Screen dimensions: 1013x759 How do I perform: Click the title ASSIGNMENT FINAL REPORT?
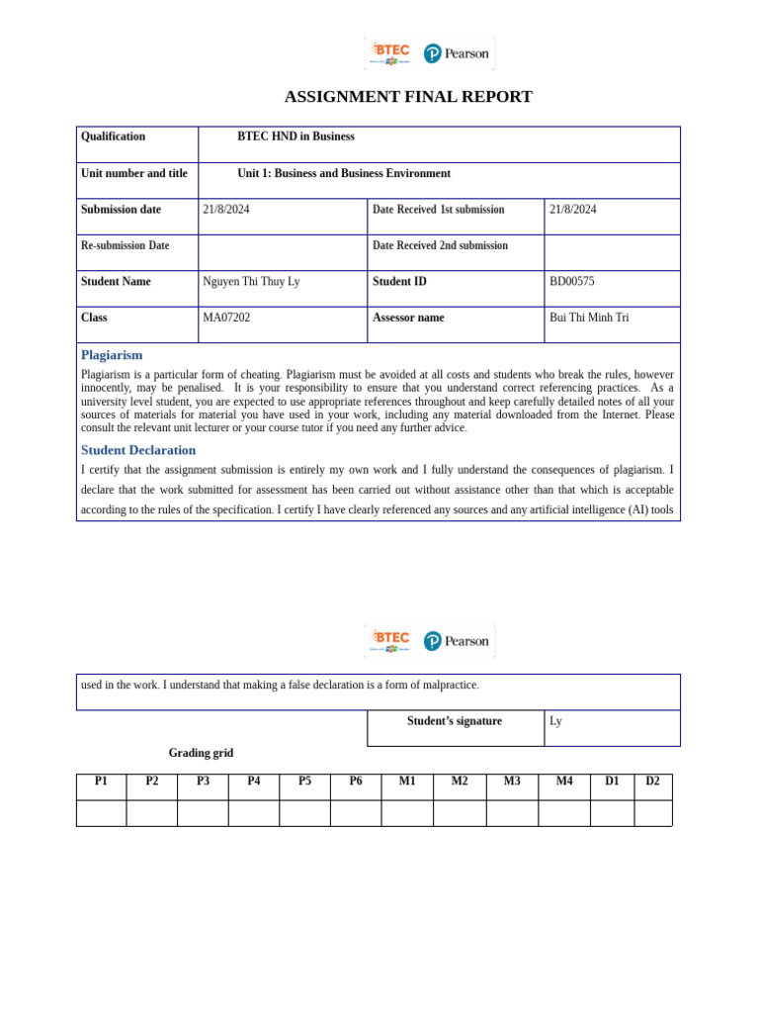tap(408, 97)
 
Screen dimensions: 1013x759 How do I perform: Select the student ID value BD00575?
tap(571, 282)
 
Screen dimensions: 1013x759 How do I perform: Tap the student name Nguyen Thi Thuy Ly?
tap(251, 282)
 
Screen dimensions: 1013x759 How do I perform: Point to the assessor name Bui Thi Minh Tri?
tap(588, 318)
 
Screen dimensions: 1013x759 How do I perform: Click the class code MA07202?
tap(226, 318)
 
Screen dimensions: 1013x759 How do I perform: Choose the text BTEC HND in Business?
tap(295, 137)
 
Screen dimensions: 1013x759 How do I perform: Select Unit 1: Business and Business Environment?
tap(344, 173)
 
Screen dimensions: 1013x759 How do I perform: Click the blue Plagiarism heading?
tap(112, 355)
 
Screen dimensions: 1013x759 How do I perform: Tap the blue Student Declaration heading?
tap(138, 450)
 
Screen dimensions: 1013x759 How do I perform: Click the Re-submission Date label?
tap(125, 245)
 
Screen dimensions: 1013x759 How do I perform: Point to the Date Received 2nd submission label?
tap(440, 245)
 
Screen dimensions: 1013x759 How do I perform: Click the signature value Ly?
tap(555, 721)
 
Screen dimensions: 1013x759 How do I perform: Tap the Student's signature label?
tap(454, 721)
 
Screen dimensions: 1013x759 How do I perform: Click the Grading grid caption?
tap(201, 753)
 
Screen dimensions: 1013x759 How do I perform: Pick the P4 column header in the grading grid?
tap(254, 782)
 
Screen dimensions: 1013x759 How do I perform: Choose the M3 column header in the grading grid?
tap(512, 782)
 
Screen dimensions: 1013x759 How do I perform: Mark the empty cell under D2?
tap(652, 813)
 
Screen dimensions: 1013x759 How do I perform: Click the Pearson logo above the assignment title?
tap(457, 53)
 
